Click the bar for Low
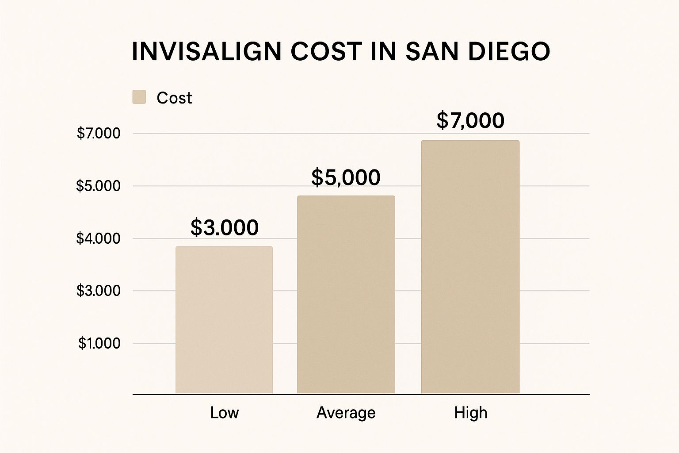pos(224,320)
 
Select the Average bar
pos(346,295)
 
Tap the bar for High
pos(470,267)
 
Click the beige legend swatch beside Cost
pos(139,97)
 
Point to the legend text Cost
pos(174,98)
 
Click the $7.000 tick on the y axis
pos(99,133)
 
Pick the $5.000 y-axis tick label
pos(99,186)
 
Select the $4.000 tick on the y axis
pos(99,238)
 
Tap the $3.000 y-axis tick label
pos(99,291)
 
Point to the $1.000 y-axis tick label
pos(99,343)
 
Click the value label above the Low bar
pos(225,227)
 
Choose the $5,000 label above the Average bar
pos(346,177)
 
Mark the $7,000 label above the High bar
pos(470,120)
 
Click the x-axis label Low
pos(225,413)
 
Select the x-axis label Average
pos(346,413)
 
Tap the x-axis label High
pos(471,413)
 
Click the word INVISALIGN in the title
pos(206,51)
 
